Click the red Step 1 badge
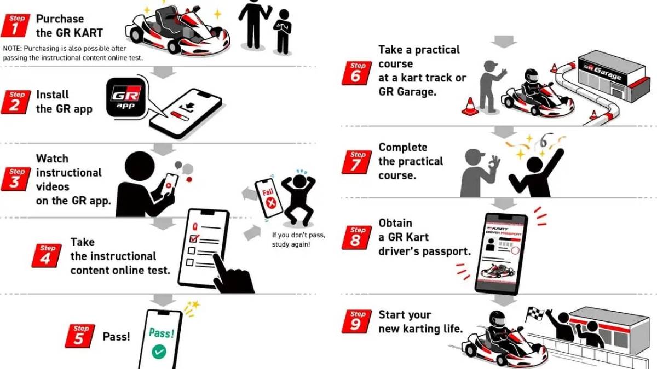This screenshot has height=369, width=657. pyautogui.click(x=15, y=26)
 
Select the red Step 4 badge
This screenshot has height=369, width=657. pyautogui.click(x=47, y=255)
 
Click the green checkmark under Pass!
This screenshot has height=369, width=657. pyautogui.click(x=159, y=352)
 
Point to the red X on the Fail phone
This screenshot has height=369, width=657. pyautogui.click(x=271, y=203)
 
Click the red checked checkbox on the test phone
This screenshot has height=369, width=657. pyautogui.click(x=194, y=238)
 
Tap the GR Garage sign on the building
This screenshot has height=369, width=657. pyautogui.click(x=603, y=72)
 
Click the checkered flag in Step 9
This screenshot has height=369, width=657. pyautogui.click(x=535, y=313)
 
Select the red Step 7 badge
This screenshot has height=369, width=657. pyautogui.click(x=356, y=162)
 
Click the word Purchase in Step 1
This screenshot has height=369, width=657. pyautogui.click(x=60, y=19)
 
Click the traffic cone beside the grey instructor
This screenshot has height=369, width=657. pyautogui.click(x=470, y=107)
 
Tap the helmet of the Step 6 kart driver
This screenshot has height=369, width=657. pyautogui.click(x=532, y=75)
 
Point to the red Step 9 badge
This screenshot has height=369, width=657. pyautogui.click(x=356, y=321)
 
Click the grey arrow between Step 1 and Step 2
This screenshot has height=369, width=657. pyautogui.click(x=163, y=72)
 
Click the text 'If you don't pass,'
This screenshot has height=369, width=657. pyautogui.click(x=298, y=235)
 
